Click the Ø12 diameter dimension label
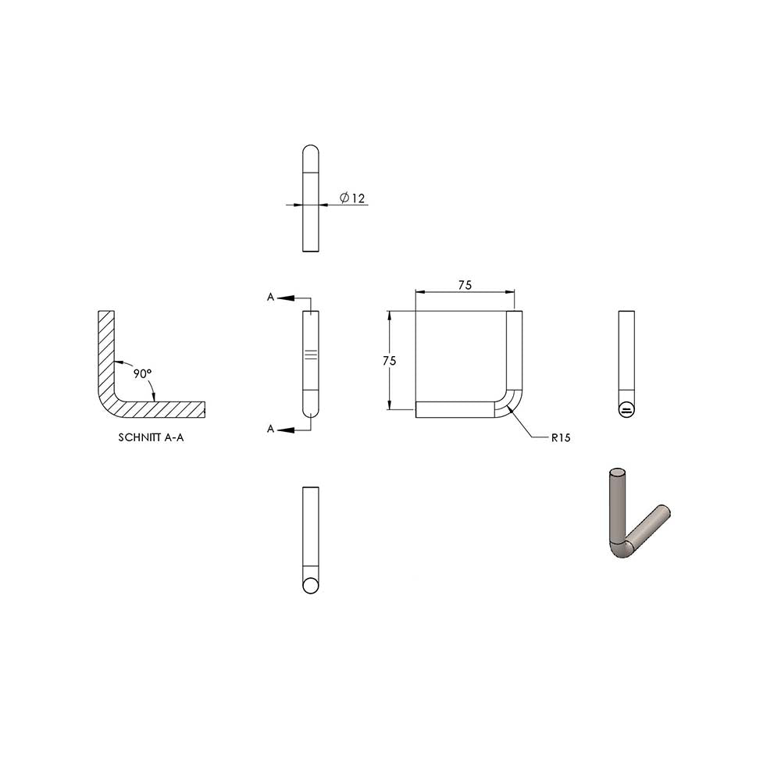(x=352, y=198)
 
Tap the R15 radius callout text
(x=560, y=438)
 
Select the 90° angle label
(x=142, y=373)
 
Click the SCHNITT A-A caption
(x=151, y=437)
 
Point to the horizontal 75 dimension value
(x=465, y=285)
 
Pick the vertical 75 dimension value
(x=390, y=361)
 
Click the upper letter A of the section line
(x=270, y=298)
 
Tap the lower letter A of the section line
(x=270, y=429)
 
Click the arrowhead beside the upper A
(x=285, y=298)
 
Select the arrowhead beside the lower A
(x=285, y=430)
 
